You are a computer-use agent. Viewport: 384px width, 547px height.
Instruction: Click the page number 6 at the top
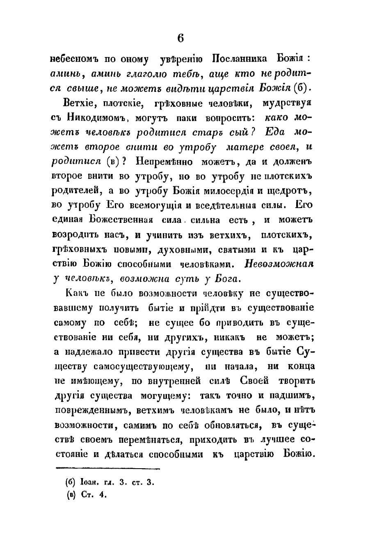click(181, 38)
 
